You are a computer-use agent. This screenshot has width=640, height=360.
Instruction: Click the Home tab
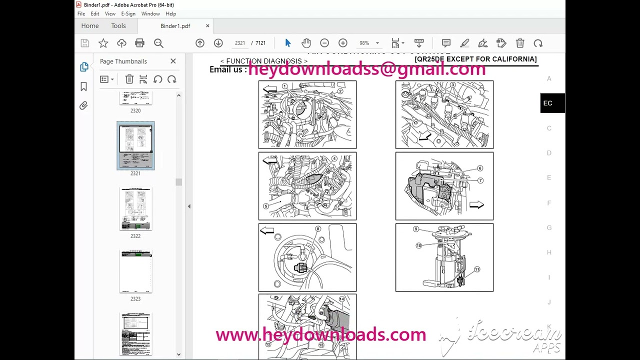pos(90,26)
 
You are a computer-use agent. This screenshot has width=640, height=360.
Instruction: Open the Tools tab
pos(118,26)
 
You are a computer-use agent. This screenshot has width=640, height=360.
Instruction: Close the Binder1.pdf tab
pos(207,26)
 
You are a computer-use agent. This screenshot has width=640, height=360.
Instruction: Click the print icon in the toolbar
pos(140,43)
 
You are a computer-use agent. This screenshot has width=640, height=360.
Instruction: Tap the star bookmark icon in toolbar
pos(103,43)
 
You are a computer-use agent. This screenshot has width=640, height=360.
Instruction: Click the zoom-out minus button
pos(324,43)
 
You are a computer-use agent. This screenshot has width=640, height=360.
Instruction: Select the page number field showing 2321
pos(240,43)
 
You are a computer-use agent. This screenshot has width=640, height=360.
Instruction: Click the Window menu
pos(150,14)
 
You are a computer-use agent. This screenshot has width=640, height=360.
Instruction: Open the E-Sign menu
pos(128,14)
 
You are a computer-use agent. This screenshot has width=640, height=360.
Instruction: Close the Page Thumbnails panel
pos(173,61)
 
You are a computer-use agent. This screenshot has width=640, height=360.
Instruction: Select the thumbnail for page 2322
pos(135,209)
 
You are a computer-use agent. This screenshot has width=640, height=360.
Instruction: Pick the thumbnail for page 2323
pos(135,271)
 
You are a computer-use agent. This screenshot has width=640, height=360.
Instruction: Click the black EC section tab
pos(548,103)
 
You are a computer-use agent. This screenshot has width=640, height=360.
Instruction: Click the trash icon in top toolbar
pos(520,43)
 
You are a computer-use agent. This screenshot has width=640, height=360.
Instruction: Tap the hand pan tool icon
pos(306,43)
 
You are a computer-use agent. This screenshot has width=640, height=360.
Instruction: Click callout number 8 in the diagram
pos(317,229)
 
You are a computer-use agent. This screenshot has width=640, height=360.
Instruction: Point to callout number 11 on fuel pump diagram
pos(477,269)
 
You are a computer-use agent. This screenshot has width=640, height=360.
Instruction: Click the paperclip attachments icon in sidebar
pos(83,105)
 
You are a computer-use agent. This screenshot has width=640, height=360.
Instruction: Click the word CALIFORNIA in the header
pos(514,59)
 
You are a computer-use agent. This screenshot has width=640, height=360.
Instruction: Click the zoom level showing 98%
pos(364,43)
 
